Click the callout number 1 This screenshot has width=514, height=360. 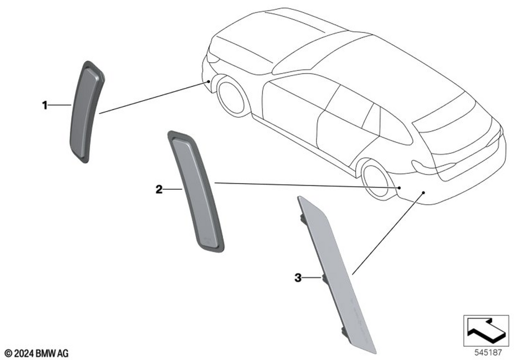[45, 105]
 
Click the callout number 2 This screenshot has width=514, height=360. [159, 189]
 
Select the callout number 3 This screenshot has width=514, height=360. [298, 278]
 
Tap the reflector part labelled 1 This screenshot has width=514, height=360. [86, 112]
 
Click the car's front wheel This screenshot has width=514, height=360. [231, 96]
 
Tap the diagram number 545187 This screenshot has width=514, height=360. [488, 353]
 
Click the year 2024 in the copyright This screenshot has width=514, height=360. [24, 353]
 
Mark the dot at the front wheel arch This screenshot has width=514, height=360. [209, 81]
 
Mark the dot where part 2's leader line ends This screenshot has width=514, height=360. [399, 188]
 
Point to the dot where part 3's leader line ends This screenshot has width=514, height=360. [423, 192]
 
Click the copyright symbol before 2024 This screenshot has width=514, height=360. [9, 353]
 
